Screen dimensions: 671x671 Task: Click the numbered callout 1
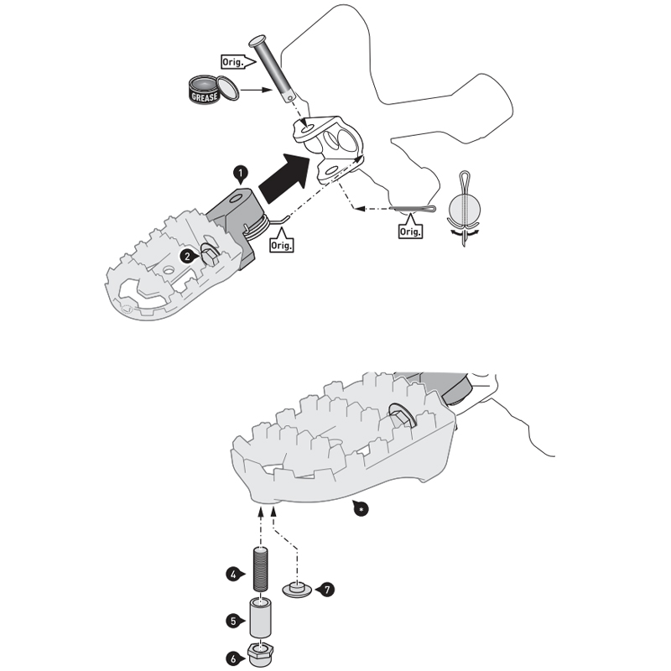point(240,172)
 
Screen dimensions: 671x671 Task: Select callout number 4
point(234,575)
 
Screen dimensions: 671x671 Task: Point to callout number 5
point(234,621)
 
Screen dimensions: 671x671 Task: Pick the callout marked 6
point(234,658)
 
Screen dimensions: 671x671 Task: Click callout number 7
point(326,590)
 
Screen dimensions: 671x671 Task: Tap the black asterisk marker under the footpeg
point(359,508)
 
